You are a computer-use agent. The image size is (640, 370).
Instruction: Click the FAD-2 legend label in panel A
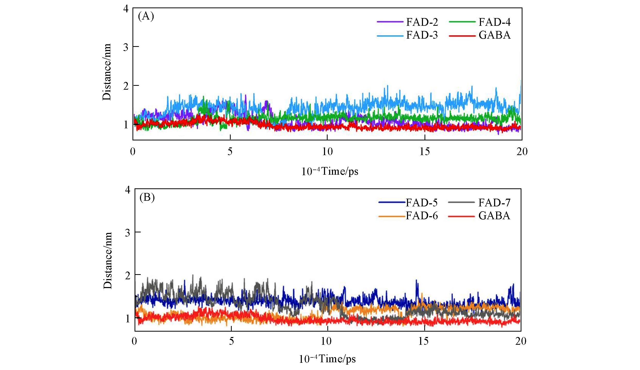[422, 22]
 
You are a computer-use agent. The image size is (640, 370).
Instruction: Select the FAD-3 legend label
[422, 35]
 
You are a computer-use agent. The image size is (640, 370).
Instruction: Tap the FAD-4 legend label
[494, 22]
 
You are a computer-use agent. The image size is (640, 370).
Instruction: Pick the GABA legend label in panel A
[494, 35]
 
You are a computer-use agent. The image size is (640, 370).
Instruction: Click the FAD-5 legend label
[422, 203]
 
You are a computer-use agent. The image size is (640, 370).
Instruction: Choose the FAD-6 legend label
[422, 216]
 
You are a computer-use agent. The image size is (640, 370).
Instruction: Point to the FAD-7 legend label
[494, 203]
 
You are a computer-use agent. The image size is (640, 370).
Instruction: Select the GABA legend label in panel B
[494, 216]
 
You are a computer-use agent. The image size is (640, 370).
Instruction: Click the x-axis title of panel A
[330, 171]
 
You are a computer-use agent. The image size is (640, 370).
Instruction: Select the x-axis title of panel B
[327, 359]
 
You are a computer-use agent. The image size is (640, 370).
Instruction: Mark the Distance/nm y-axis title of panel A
[107, 72]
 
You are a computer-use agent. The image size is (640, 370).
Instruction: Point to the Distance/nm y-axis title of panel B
[108, 260]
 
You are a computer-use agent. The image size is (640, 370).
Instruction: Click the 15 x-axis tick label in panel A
[425, 152]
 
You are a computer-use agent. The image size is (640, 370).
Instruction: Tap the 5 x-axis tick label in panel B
[231, 341]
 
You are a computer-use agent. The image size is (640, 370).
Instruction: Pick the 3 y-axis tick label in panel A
[126, 47]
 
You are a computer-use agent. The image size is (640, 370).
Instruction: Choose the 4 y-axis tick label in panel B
[127, 190]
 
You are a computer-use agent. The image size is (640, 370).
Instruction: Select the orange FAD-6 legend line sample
[391, 216]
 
